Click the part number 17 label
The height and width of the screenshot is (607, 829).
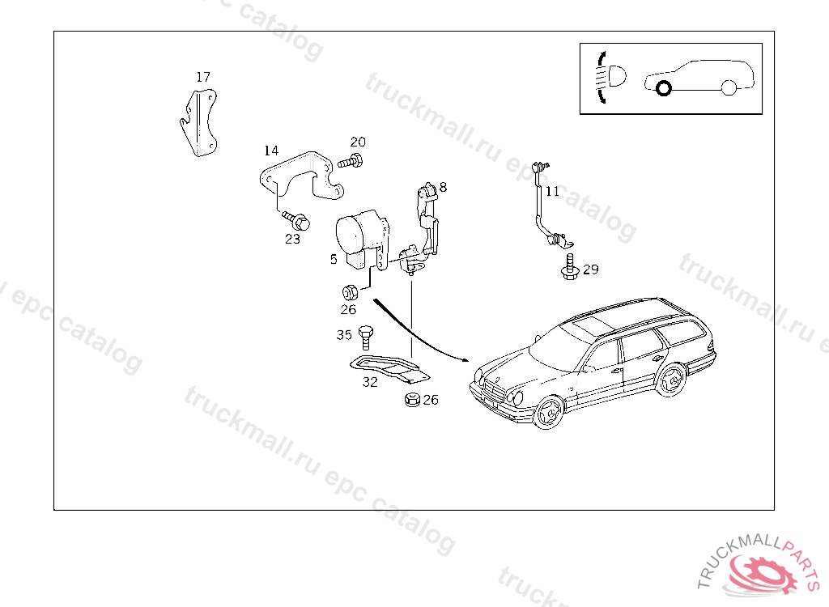pos(203,77)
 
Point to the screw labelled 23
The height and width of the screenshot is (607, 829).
pos(296,220)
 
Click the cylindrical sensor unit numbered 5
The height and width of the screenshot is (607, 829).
pos(363,239)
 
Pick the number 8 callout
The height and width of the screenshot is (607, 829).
pos(443,187)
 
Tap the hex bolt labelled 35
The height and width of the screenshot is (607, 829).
pos(365,337)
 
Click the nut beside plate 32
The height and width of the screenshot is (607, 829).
pos(412,399)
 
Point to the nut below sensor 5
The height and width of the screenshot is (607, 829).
pos(350,292)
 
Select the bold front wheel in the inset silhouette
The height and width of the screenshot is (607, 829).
pos(664,88)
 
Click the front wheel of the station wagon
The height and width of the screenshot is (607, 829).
pos(548,411)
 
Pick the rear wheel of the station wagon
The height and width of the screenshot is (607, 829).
pos(670,380)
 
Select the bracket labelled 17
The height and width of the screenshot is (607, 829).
pos(199,123)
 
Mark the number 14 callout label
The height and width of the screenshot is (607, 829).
pos(271,151)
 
